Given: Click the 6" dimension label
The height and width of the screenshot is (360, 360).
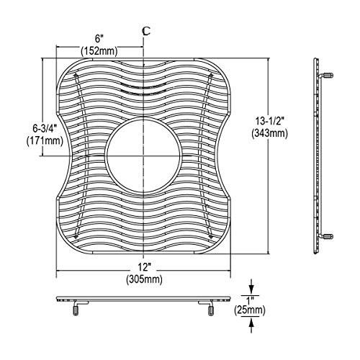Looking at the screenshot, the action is (x=99, y=38).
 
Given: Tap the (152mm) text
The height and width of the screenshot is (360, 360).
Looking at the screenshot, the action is (x=99, y=51).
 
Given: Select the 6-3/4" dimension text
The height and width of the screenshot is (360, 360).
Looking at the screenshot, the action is (x=45, y=129).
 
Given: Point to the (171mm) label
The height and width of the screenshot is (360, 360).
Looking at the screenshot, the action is (x=45, y=140).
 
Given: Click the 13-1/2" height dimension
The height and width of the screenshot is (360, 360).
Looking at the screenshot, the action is (x=269, y=121).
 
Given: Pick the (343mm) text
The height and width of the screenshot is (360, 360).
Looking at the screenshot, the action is (x=269, y=133).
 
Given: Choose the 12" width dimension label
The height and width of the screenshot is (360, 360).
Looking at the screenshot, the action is (x=144, y=267).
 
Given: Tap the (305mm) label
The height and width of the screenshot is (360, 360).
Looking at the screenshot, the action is (x=144, y=279).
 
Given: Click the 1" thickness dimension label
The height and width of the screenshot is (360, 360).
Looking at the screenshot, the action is (x=250, y=300).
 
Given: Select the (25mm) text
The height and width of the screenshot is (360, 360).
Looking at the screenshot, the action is (x=250, y=310).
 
